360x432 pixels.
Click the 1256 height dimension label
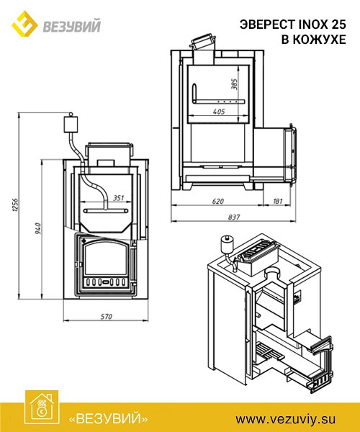click(x=15, y=205)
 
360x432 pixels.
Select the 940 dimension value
click(x=37, y=229)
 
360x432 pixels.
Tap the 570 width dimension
click(x=106, y=317)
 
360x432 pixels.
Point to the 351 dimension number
click(x=118, y=198)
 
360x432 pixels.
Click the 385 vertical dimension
click(x=234, y=84)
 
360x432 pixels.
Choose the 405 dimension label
click(x=219, y=112)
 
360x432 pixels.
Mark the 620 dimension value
click(x=217, y=201)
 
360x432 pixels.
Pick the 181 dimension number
click(x=277, y=201)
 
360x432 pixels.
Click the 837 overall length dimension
click(x=234, y=217)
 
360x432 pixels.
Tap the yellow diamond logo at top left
click(x=24, y=24)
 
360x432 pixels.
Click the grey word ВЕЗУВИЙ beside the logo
click(x=71, y=26)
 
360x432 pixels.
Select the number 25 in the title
click(x=338, y=24)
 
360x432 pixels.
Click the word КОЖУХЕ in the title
click(x=319, y=40)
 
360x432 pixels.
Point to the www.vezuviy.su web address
click(x=285, y=419)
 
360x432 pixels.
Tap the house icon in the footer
click(x=42, y=408)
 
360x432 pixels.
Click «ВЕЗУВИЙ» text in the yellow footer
click(x=108, y=418)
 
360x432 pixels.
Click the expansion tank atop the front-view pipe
click(x=71, y=125)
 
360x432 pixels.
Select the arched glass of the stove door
click(x=105, y=258)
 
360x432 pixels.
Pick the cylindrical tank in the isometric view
click(x=228, y=245)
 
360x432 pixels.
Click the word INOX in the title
click(x=313, y=24)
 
